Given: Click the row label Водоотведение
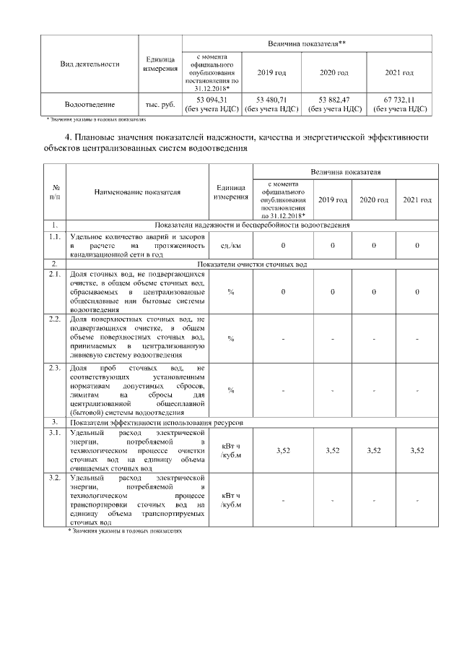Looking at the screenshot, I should tap(89, 105).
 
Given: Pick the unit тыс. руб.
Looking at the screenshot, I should tap(160, 105).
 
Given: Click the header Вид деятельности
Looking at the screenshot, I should tap(89, 64).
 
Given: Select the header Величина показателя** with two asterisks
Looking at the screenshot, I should tap(306, 44).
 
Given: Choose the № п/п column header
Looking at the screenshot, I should tap(55, 192).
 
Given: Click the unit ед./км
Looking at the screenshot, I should tap(230, 245).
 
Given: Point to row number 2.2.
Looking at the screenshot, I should tap(54, 319).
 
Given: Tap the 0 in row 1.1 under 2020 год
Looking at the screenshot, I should tap(375, 245).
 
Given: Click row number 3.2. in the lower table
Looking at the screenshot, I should tap(54, 478).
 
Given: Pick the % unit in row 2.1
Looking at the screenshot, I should tap(230, 292).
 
